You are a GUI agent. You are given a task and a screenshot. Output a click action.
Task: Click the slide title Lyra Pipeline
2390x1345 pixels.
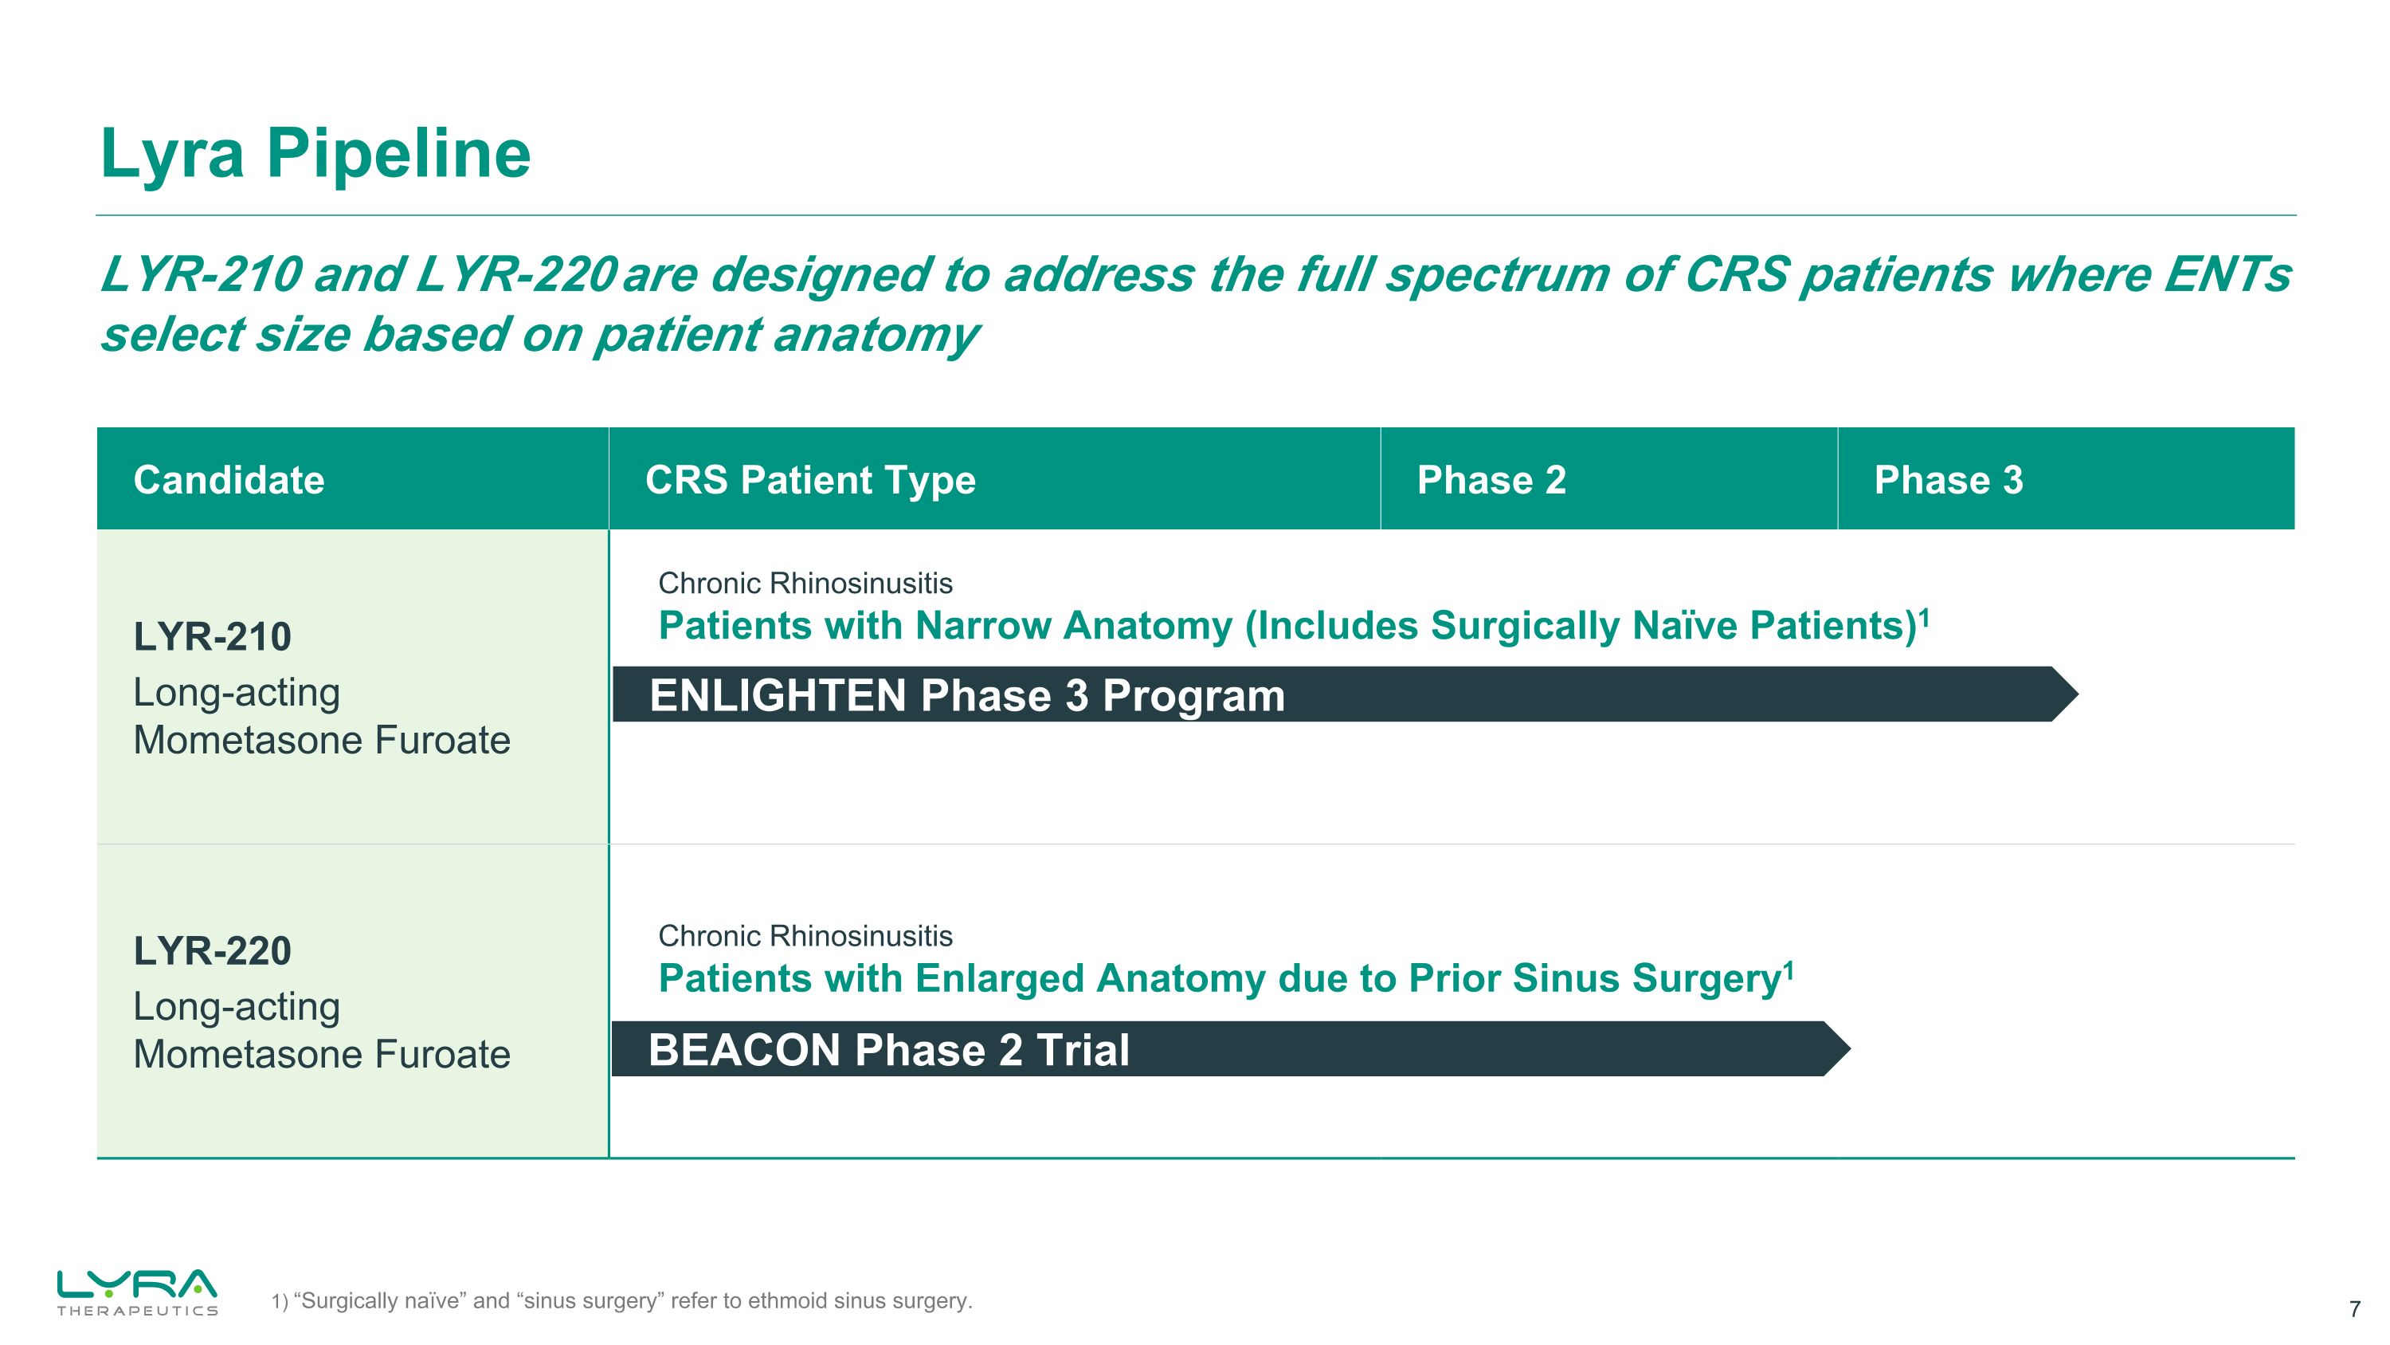pos(315,154)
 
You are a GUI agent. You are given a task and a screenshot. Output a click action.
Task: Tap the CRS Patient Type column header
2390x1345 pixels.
pos(810,480)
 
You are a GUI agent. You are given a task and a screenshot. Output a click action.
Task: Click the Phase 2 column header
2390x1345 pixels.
pos(1491,480)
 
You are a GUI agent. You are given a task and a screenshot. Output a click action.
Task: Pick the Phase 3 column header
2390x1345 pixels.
pos(1947,480)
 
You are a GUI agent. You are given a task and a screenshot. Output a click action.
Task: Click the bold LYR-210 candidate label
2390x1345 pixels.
pos(213,637)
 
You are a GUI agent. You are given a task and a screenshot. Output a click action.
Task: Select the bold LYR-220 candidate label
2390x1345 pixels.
pos(213,950)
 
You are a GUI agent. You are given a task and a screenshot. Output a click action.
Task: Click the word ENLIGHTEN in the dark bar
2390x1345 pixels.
pos(778,696)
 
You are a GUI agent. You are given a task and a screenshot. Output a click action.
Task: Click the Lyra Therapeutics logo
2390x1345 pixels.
pos(137,1291)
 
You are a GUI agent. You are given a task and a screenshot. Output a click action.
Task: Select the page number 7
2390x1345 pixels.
pos(2354,1310)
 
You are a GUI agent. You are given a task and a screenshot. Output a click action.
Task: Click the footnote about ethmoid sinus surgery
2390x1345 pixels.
pos(621,1300)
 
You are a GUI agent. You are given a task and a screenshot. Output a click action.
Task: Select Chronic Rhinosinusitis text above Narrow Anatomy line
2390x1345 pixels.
pos(805,583)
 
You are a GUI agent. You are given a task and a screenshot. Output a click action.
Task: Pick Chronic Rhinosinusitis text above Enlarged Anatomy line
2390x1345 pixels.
pos(805,936)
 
